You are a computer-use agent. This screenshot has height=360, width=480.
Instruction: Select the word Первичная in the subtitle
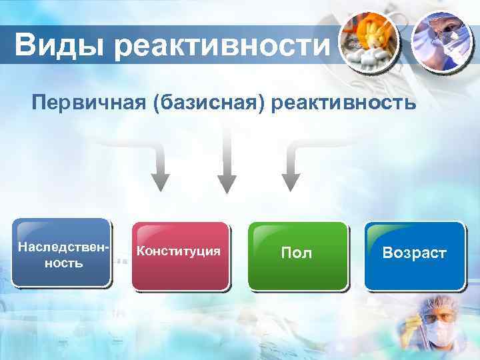81,104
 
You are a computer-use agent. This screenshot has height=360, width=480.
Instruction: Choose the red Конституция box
180,256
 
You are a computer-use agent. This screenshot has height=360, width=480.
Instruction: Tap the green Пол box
297,256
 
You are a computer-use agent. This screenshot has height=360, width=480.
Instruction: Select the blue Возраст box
414,256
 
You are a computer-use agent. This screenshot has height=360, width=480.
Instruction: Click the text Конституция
178,251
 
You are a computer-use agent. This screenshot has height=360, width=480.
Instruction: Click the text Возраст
414,253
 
